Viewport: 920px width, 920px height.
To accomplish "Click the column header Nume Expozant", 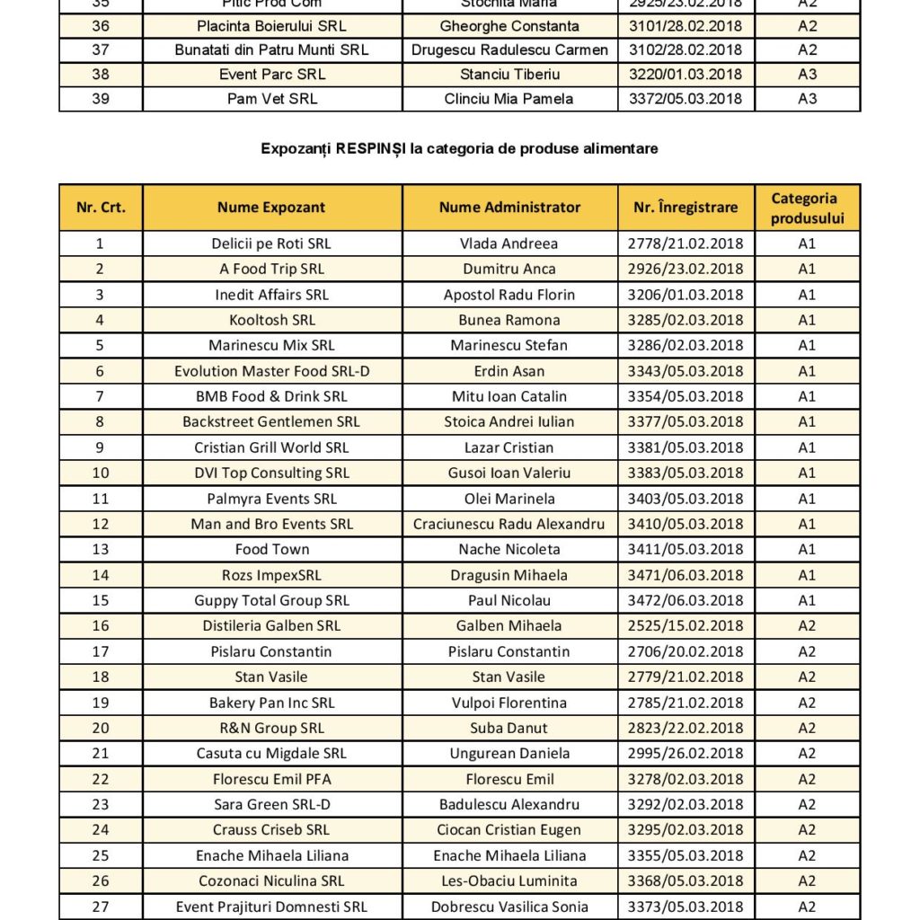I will [x=271, y=208].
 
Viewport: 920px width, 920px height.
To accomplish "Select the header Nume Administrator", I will [x=509, y=208].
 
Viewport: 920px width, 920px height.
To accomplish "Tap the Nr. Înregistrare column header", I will [x=686, y=208].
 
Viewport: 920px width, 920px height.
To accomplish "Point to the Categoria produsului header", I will [x=807, y=208].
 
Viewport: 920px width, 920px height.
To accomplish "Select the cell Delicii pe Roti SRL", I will [x=271, y=243].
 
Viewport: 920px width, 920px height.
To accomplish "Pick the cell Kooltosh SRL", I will [x=271, y=320].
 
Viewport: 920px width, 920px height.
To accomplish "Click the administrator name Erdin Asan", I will [x=509, y=371].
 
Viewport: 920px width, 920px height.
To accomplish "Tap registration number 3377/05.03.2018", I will [x=686, y=421].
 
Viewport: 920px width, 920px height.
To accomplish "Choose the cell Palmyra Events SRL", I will [x=271, y=499].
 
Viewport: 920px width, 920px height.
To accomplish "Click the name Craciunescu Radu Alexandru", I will [x=509, y=524].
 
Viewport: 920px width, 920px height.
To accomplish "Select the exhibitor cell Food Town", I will [x=271, y=549].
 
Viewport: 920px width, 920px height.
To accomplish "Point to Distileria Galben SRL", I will [x=271, y=625].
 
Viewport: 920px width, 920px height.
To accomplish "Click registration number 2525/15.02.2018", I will [x=686, y=625].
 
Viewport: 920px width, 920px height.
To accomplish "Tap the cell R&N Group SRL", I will [x=271, y=728].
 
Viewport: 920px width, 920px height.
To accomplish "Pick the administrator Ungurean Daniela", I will [x=509, y=753].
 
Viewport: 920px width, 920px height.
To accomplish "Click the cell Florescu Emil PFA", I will [x=271, y=779].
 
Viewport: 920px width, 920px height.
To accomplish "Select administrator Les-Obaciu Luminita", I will [x=509, y=880].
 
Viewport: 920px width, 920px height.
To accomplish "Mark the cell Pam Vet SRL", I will [x=271, y=99].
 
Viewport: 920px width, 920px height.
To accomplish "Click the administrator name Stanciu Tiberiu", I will [x=509, y=75].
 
